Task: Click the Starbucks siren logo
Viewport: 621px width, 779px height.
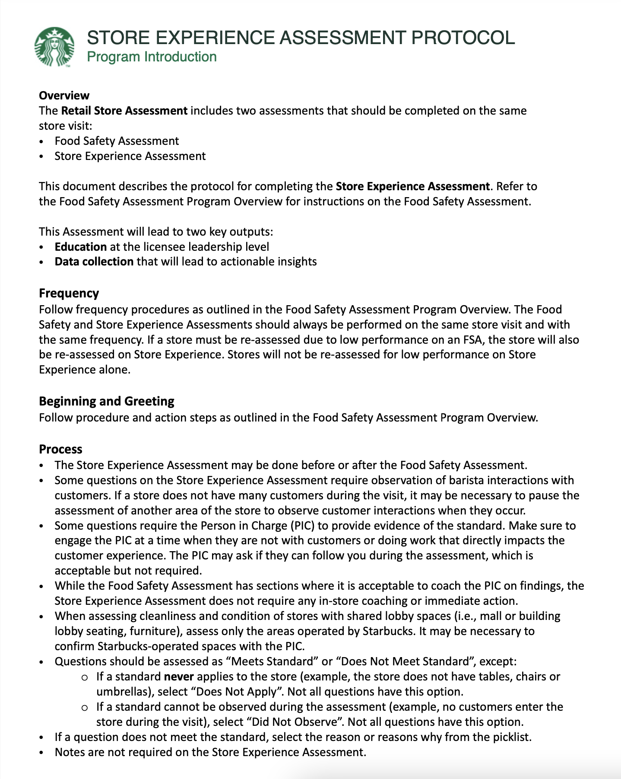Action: (x=54, y=47)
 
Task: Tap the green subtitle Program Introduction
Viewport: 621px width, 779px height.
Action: (x=152, y=57)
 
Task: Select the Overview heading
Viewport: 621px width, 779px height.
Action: (x=64, y=96)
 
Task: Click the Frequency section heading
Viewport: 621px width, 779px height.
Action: (x=69, y=293)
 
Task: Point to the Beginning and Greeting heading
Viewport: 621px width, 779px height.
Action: (x=106, y=401)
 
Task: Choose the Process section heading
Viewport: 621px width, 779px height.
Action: (x=60, y=449)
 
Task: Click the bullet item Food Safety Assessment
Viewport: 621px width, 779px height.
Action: (x=117, y=141)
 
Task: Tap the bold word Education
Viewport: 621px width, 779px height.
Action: (x=80, y=247)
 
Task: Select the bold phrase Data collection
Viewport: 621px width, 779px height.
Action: (x=94, y=262)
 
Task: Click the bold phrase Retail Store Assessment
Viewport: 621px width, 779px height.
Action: (x=124, y=111)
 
